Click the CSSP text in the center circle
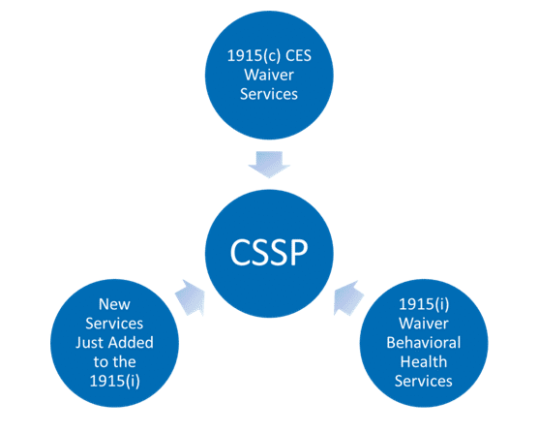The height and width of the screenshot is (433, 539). coord(269,253)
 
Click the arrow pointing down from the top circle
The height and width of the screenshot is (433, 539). coord(269,165)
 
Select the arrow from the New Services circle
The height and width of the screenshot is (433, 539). coord(190,297)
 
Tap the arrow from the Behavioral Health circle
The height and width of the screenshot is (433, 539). coord(348,297)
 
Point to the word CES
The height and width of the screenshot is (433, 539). coord(299,56)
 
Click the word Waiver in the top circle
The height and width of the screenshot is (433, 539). coord(269,75)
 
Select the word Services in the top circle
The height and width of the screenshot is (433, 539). coord(269,94)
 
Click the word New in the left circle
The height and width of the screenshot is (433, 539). coord(114,304)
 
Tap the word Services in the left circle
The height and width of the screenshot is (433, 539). coord(114,324)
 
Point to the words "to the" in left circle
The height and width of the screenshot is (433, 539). coord(115,361)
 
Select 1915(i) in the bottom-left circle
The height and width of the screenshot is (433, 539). coord(115,381)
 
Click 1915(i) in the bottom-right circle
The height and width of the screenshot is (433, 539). coord(424,304)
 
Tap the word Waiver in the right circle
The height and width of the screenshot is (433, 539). coord(424,324)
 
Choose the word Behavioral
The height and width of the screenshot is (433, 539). coord(424,343)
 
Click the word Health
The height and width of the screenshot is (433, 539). coord(424,361)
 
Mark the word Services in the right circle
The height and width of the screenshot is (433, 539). coord(424,381)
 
